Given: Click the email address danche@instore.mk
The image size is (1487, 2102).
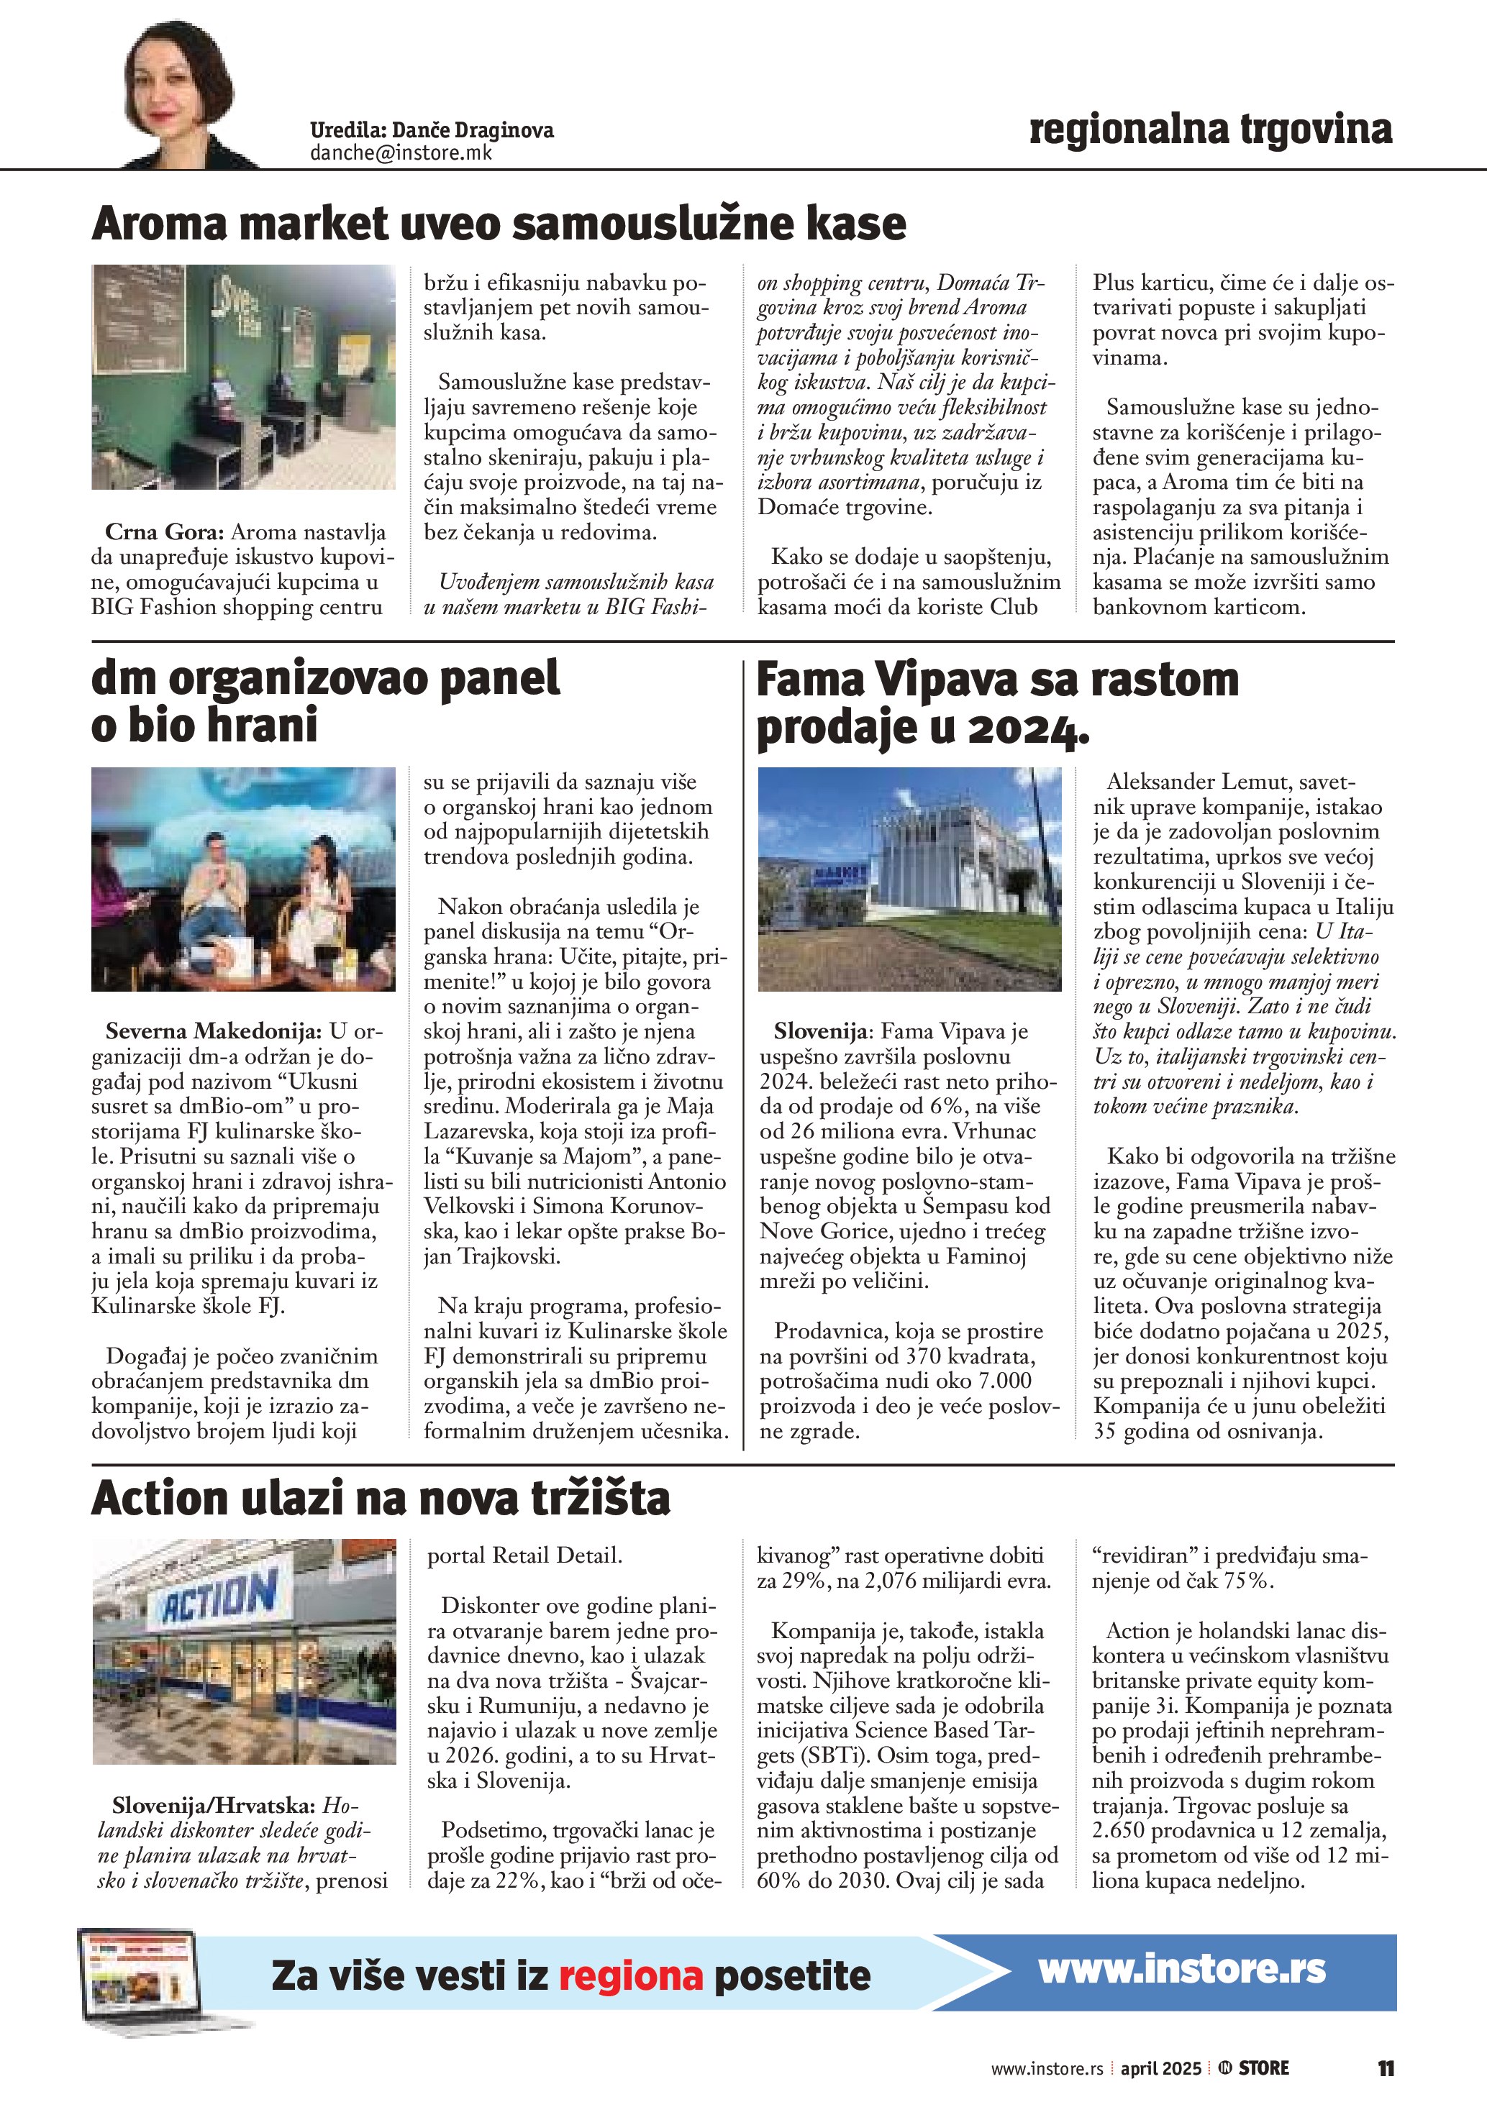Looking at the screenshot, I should pyautogui.click(x=401, y=153).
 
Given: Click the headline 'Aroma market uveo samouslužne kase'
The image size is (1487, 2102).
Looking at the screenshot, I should pyautogui.click(x=499, y=224).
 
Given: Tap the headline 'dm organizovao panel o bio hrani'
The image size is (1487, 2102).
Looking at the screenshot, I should pyautogui.click(x=325, y=702).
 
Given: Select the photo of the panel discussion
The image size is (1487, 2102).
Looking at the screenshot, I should pyautogui.click(x=244, y=879).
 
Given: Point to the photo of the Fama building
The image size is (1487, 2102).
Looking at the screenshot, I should pyautogui.click(x=910, y=879).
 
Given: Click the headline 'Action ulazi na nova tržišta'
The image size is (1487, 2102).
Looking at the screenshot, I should pyautogui.click(x=381, y=1499).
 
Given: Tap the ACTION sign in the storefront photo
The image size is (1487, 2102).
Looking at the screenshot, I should pyautogui.click(x=219, y=1596).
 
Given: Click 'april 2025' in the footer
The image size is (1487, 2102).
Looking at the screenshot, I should pyautogui.click(x=1160, y=2067).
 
